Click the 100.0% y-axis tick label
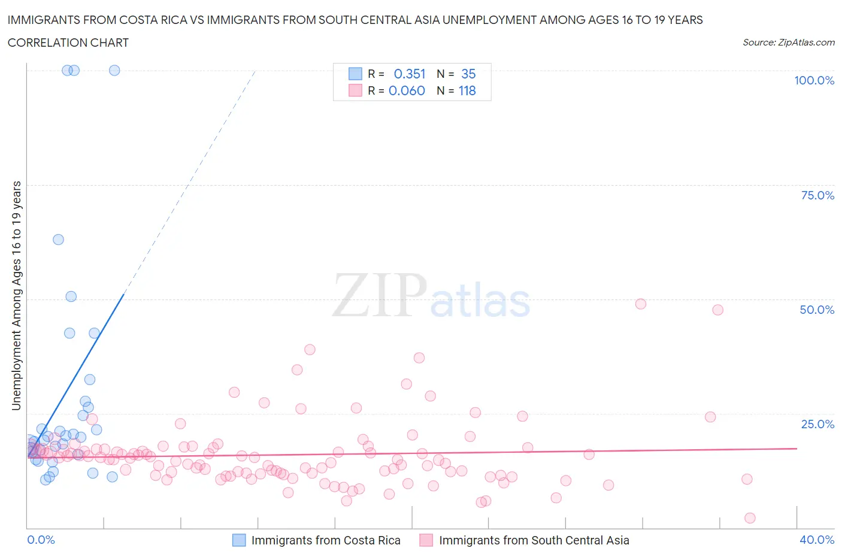pos(814,80)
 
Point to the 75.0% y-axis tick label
pos(817,195)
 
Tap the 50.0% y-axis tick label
pos(817,310)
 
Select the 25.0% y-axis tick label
pos(817,424)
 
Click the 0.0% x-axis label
pos(41,540)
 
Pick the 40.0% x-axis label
pos(817,540)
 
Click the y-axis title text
pos(16,295)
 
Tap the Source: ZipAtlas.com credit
pos(788,42)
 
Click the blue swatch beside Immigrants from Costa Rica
pos(239,540)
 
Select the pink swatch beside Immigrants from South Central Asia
pos(426,540)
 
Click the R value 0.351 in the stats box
pos(410,74)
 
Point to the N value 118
pos(467,90)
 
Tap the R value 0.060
pos(407,90)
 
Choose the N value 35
pos(468,74)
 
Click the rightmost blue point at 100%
pos(114,70)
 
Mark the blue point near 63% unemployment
pos(58,240)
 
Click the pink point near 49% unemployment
pos(641,304)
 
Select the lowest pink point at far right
pos(750,518)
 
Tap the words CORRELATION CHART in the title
pos(68,43)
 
